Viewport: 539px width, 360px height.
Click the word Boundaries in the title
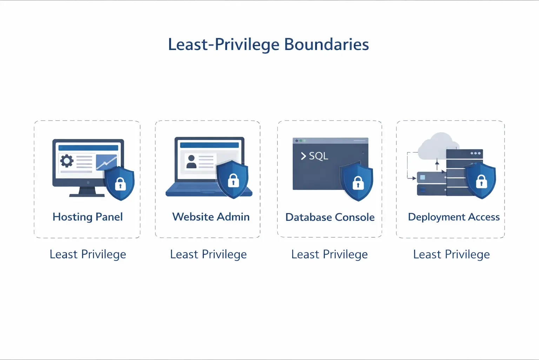coord(327,45)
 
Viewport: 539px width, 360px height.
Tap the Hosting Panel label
coord(88,217)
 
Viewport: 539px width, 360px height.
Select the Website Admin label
coord(211,217)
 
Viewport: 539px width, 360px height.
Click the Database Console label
coord(330,217)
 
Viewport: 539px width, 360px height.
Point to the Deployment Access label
coord(454,217)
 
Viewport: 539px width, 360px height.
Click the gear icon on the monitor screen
coord(67,161)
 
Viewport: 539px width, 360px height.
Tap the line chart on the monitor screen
coord(107,162)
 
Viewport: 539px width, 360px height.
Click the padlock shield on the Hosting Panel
coord(120,183)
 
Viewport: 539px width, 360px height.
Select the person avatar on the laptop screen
coord(191,162)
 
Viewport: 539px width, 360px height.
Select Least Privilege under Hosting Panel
coord(88,255)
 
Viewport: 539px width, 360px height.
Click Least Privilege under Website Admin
coord(208,255)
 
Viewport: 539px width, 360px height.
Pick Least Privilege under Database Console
coord(330,255)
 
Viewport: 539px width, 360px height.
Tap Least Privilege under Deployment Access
coord(451,255)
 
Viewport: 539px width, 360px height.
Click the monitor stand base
coord(87,195)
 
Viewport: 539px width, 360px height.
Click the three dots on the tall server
coord(476,153)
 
